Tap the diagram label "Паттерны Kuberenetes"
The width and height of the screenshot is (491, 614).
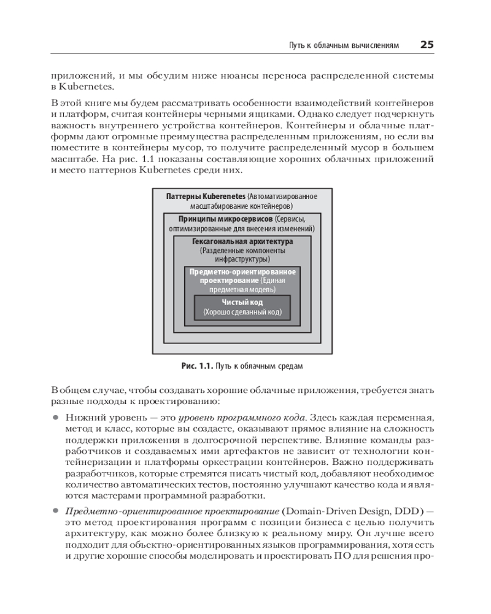pyautogui.click(x=206, y=196)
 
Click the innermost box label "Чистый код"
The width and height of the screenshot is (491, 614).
pyautogui.click(x=242, y=303)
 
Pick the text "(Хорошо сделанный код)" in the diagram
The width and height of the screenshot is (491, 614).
pyautogui.click(x=242, y=313)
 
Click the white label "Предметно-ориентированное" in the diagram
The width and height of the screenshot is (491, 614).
pyautogui.click(x=242, y=271)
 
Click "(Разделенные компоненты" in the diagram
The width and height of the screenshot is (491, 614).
pyautogui.click(x=242, y=251)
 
